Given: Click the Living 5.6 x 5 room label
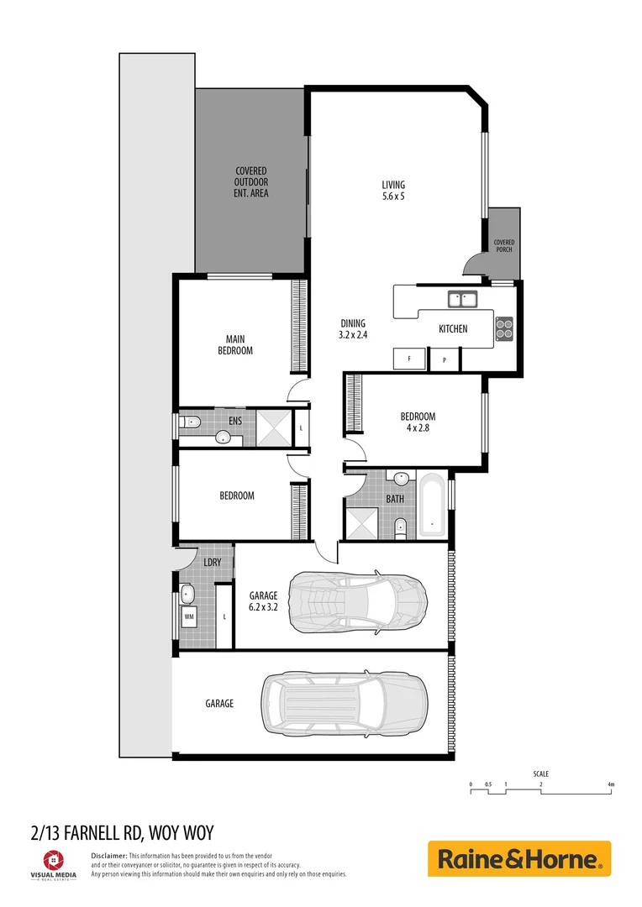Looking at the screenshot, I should click(393, 191).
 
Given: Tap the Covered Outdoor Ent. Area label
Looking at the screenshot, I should click(251, 182).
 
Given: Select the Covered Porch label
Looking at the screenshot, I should click(503, 245).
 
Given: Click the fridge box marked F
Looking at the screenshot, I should click(409, 358).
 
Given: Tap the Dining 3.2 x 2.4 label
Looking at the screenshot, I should click(354, 328).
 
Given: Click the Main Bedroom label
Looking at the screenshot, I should click(235, 345).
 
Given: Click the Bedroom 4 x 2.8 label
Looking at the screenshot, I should click(418, 422).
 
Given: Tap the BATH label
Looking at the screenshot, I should click(395, 499).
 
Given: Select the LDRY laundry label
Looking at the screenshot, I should click(212, 562).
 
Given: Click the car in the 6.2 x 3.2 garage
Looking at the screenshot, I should click(358, 602).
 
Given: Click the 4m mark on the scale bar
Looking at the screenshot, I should click(611, 784).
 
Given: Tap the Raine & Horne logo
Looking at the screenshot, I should click(519, 859).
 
